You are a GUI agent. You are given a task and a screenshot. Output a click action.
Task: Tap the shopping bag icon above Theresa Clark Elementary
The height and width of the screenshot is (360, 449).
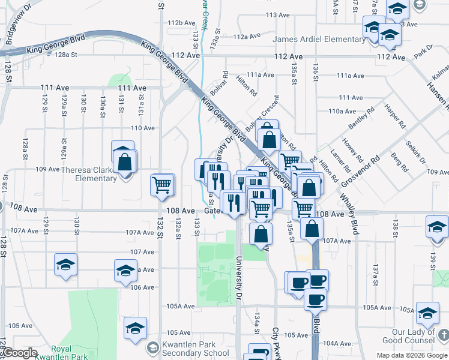pyautogui.click(x=125, y=161)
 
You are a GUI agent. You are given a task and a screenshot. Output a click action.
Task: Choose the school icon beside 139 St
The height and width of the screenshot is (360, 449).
pyautogui.click(x=436, y=228)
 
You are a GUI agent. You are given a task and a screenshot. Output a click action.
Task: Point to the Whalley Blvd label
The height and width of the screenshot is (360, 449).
pyautogui.click(x=348, y=207)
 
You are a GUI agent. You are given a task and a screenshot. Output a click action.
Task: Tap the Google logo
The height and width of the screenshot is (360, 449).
pyautogui.click(x=20, y=353)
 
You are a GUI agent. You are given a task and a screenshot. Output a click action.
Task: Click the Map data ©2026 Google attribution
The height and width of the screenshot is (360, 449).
pyautogui.click(x=412, y=355)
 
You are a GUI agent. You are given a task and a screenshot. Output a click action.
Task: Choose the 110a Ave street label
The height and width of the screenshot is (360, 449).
pyautogui.click(x=342, y=111)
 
